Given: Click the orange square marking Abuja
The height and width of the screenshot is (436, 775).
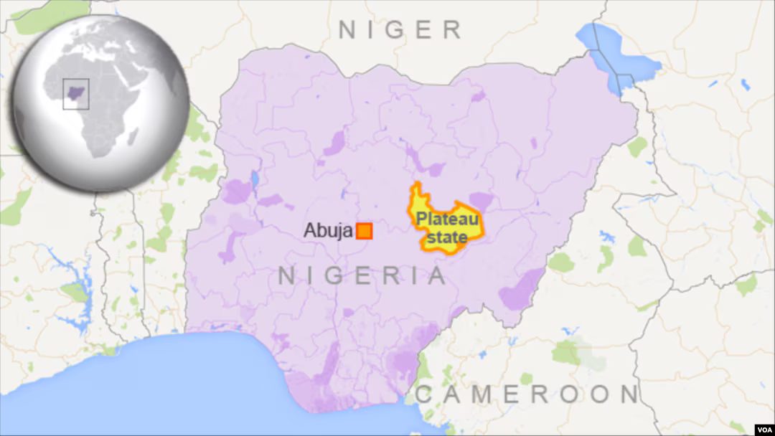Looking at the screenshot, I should pos(365,231).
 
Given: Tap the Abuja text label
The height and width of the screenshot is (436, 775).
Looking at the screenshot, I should pos(327,231).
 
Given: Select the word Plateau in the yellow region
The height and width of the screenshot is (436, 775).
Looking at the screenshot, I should pos(441,219).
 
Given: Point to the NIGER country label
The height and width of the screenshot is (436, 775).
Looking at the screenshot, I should pos(400,30).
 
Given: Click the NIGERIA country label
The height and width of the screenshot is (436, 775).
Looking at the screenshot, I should pos(362,276).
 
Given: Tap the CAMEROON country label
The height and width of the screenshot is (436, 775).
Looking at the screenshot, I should pos(527,394).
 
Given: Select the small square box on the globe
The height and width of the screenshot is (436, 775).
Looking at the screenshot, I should pos(76,93).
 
